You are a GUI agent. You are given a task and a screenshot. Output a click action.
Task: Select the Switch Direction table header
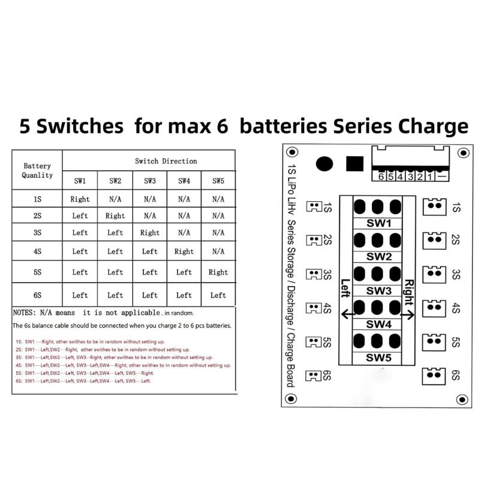tap(166, 161)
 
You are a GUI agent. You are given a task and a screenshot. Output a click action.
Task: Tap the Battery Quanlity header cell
tap(37, 171)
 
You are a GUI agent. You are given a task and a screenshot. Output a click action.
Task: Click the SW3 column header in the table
tap(150, 180)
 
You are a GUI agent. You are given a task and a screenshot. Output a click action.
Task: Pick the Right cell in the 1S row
tap(80, 199)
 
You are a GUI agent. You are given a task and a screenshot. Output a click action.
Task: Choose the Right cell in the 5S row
tap(218, 272)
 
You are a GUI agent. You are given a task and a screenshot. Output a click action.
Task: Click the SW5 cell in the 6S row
tap(218, 295)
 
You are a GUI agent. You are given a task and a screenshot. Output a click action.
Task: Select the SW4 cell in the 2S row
tap(184, 216)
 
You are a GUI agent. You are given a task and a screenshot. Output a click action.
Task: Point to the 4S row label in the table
tap(37, 251)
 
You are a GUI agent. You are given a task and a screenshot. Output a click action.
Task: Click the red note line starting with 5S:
tap(84, 372)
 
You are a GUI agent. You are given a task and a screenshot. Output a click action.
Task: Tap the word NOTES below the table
tap(24, 313)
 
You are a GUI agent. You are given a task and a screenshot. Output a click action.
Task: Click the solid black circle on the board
tap(325, 164)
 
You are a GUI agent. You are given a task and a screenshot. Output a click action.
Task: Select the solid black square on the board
tap(355, 164)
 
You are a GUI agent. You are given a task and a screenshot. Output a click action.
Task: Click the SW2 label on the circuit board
tap(378, 257)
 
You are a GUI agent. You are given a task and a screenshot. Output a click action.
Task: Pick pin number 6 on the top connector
tap(381, 176)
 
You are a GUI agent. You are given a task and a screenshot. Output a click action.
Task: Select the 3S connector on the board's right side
tap(434, 275)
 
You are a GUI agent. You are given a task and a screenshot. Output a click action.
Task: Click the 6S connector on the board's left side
tap(314, 376)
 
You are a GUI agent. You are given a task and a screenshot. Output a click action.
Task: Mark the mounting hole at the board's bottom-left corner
tap(293, 399)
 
